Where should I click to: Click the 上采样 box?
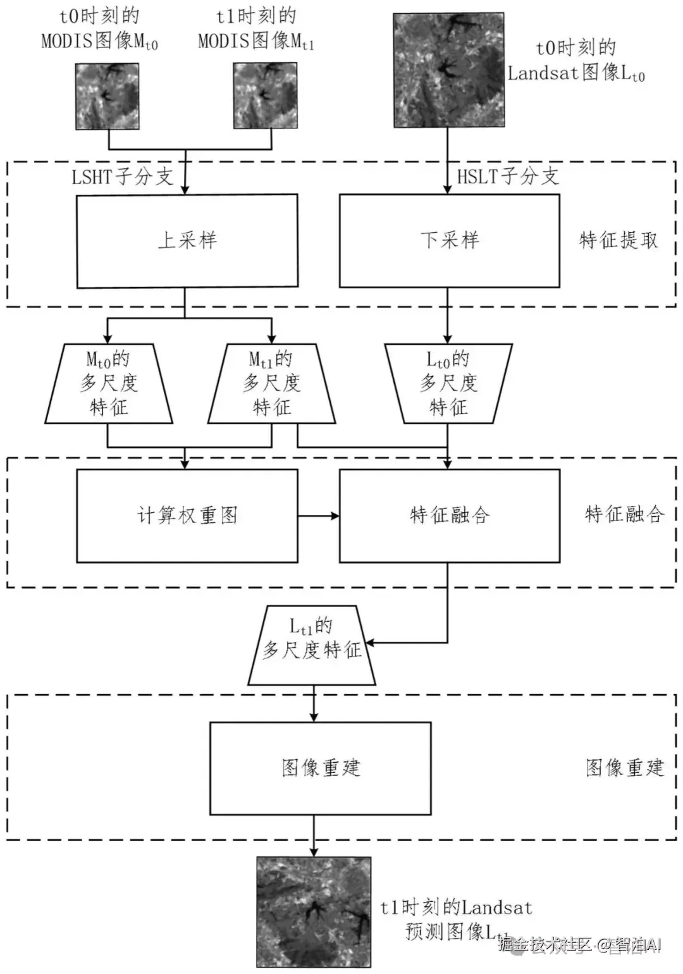tap(187, 241)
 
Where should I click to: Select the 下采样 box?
tap(450, 241)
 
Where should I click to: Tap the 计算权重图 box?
tap(187, 515)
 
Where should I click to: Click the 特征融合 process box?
tap(450, 515)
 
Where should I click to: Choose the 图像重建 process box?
tap(321, 768)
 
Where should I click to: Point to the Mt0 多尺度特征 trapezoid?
tap(109, 383)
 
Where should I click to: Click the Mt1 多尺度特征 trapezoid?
tap(272, 383)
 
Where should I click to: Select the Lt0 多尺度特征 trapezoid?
tap(448, 383)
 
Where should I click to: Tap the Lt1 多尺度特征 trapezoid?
tap(312, 645)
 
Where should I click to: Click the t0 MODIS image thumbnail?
tap(108, 96)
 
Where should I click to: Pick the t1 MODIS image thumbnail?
tap(265, 96)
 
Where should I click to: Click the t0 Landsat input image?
tap(449, 70)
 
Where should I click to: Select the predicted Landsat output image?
tap(314, 911)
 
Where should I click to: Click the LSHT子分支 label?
tap(122, 176)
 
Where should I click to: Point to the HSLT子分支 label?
tap(508, 176)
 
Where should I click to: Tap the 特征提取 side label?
tap(618, 240)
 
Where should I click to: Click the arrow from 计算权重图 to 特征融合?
tap(318, 516)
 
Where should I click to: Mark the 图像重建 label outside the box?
tap(625, 768)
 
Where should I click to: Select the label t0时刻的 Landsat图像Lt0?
tap(576, 61)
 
